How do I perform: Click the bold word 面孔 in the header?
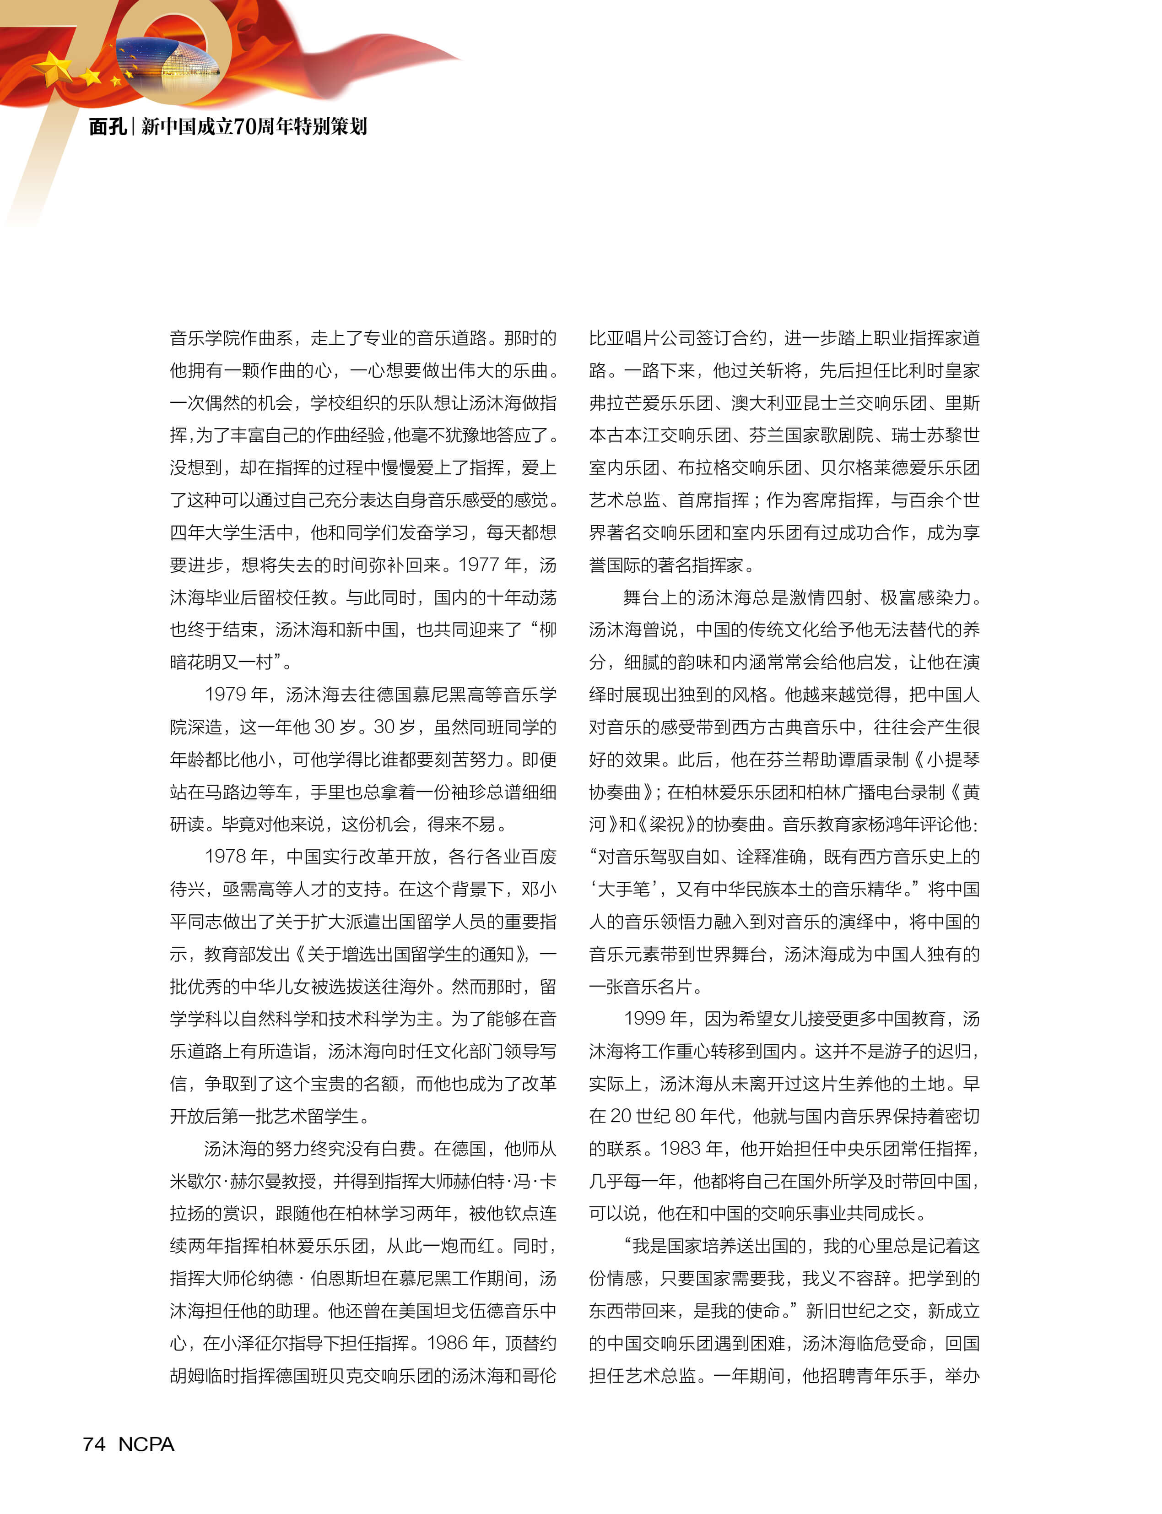coord(107,127)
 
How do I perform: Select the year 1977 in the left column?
coord(478,565)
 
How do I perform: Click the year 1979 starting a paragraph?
coord(226,695)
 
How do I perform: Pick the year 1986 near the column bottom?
coord(448,1343)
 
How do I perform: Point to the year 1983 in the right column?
coord(681,1149)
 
